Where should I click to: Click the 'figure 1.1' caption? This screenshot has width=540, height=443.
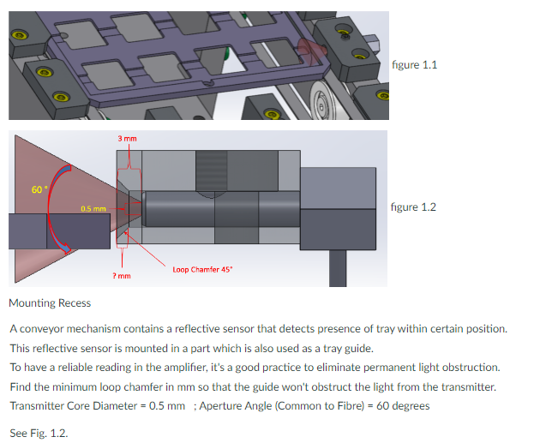[x=413, y=65]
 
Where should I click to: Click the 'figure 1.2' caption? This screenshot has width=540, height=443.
[x=413, y=207]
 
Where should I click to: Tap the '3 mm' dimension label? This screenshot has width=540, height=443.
[x=128, y=139]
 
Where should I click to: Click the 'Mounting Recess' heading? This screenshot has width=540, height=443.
[x=49, y=302]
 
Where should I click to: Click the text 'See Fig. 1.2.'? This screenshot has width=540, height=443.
[x=38, y=433]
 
